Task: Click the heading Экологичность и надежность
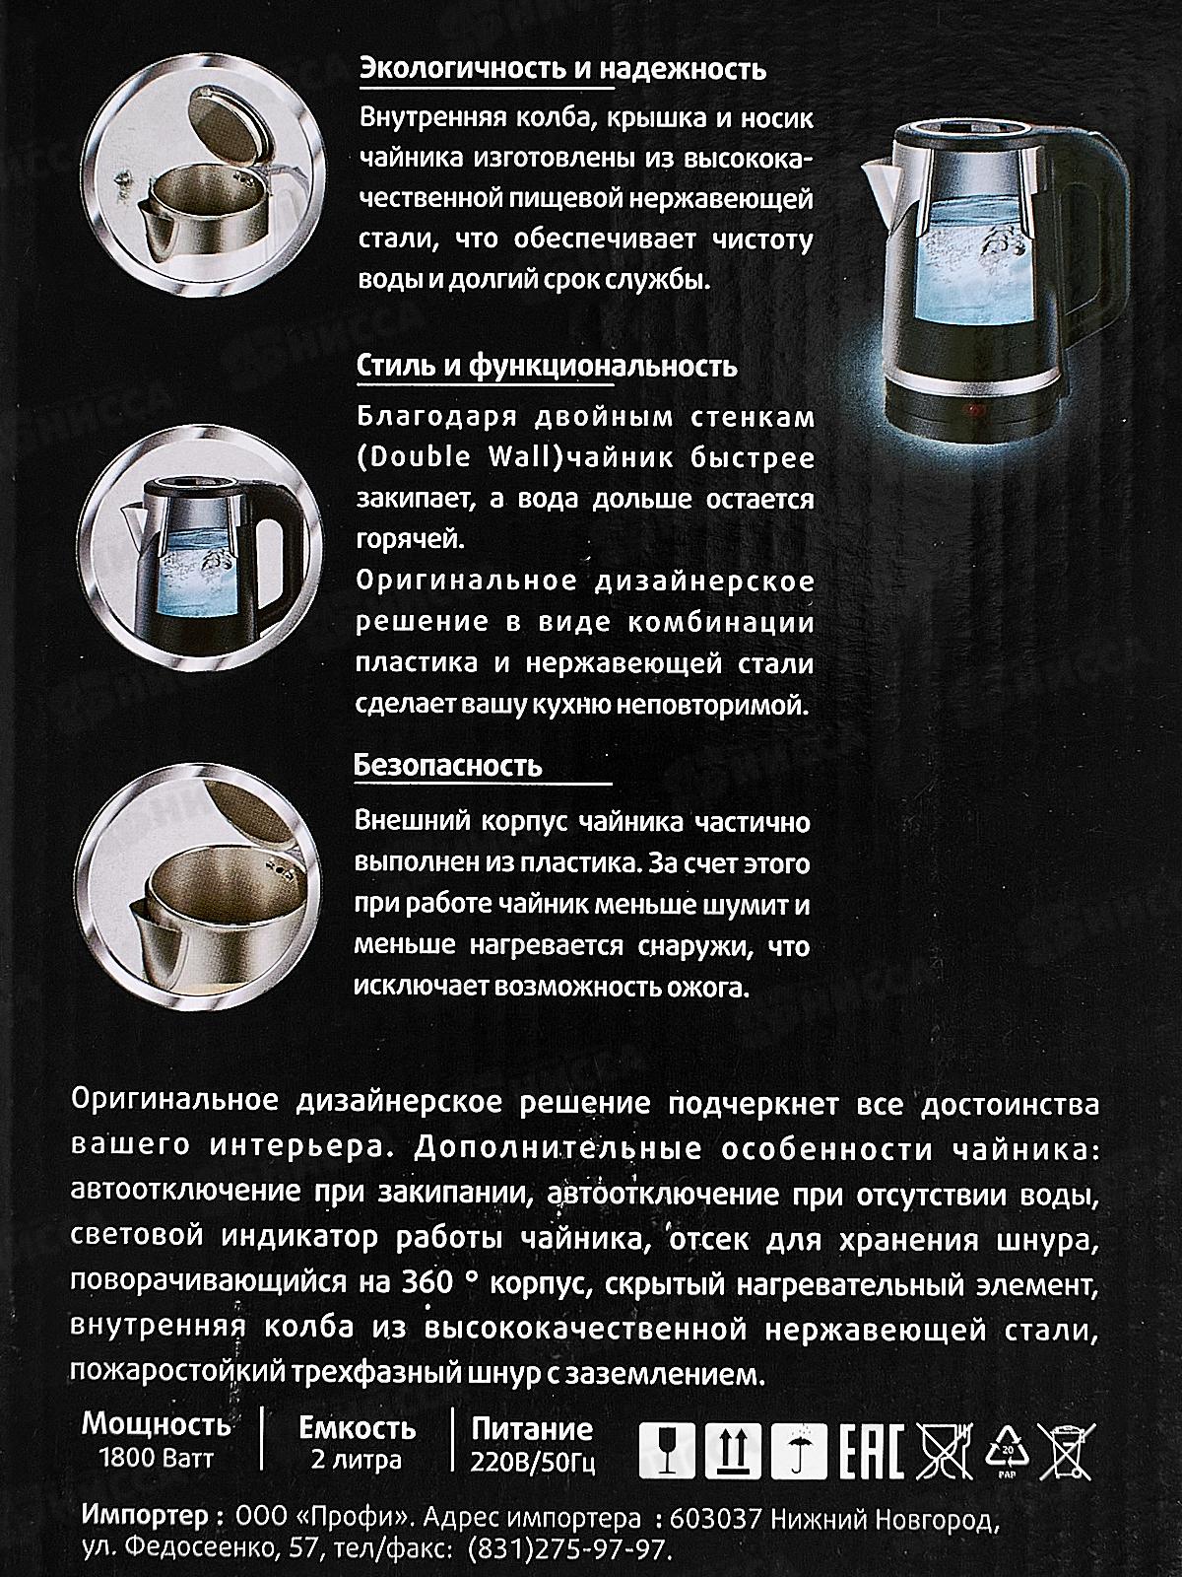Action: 562,71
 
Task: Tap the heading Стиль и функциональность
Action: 546,367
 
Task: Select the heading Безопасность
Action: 447,766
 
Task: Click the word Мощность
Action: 156,1425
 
